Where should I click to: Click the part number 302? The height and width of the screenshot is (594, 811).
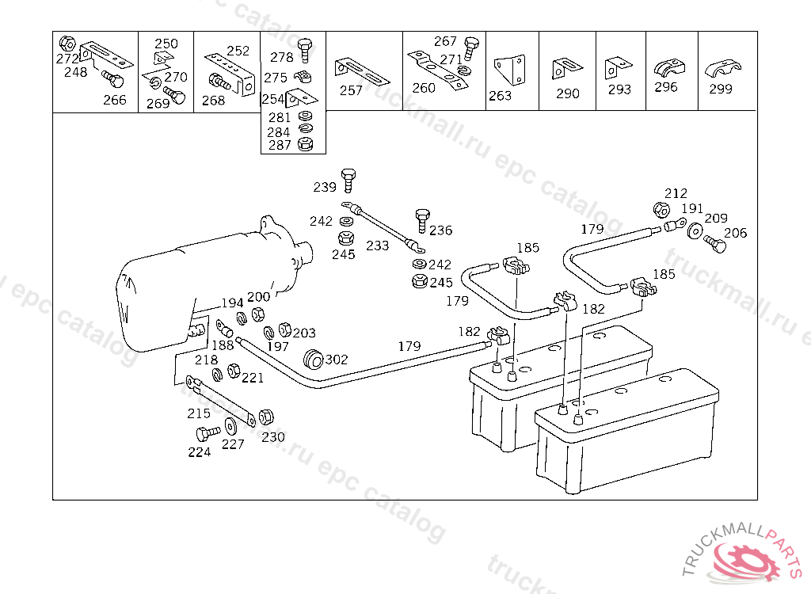[337, 360]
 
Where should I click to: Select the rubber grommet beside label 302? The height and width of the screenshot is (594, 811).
[314, 358]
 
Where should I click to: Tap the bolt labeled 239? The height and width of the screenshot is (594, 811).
[348, 180]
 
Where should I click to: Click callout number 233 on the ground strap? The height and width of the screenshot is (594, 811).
[377, 246]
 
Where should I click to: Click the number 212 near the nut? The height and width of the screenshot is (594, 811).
[676, 193]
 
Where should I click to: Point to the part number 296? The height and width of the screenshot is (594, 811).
[666, 87]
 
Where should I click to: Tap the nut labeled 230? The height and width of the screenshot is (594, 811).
[267, 417]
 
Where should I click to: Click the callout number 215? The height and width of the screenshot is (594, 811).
[199, 413]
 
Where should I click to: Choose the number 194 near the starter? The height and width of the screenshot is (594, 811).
[232, 303]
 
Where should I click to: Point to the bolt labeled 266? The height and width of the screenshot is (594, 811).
[113, 81]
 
